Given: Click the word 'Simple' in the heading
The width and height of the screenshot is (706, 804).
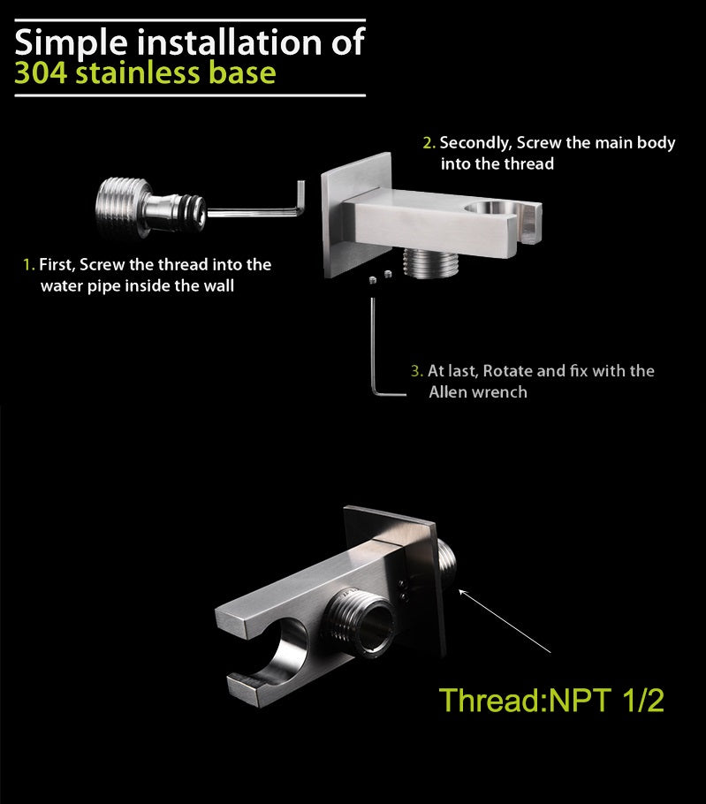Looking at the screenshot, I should coord(71,42).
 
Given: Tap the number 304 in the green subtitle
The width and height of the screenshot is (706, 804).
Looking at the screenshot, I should coord(42,72).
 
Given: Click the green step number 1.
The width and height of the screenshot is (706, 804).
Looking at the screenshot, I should coord(28,264).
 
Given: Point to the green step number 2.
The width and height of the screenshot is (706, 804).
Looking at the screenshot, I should coord(429,142).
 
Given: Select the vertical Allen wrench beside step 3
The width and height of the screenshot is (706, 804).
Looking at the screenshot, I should coord(375,349).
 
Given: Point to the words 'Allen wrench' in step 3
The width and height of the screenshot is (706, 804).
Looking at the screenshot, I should coord(477,391).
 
